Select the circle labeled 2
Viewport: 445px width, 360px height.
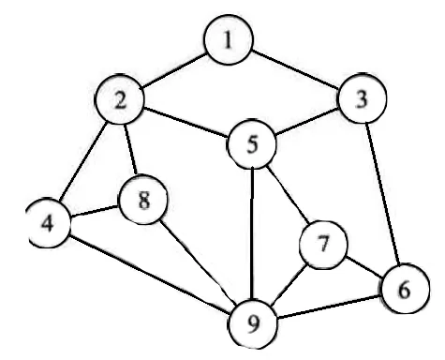point(121,100)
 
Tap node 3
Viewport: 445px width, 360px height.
point(359,100)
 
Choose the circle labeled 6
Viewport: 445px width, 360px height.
point(402,289)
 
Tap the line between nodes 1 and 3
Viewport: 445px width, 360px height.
point(293,71)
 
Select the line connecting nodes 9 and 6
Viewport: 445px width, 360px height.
point(328,307)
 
